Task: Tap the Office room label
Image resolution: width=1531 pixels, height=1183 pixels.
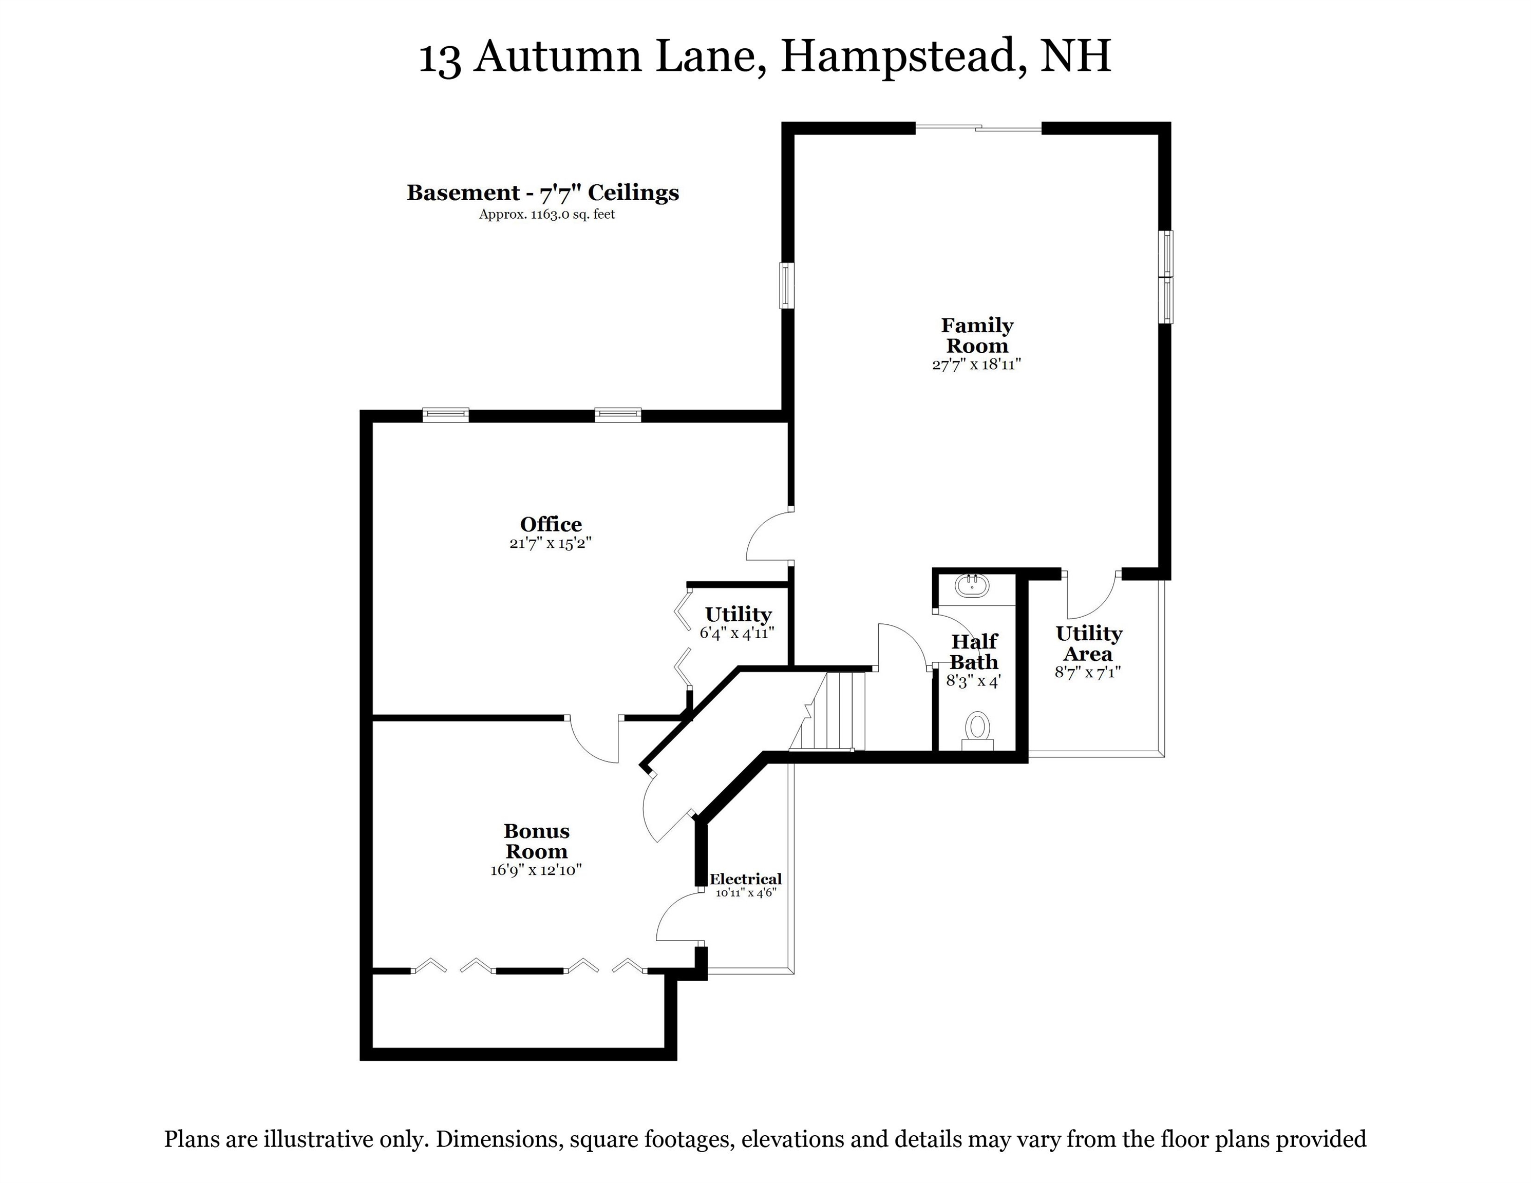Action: (x=551, y=524)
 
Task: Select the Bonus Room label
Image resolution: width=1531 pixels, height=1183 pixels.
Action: (x=536, y=841)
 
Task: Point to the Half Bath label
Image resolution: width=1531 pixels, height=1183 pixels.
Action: (x=974, y=651)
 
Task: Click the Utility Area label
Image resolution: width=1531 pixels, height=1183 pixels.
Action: (x=1089, y=643)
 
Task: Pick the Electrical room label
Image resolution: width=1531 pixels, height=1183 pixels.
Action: (x=745, y=879)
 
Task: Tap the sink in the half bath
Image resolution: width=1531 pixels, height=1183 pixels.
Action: (x=972, y=585)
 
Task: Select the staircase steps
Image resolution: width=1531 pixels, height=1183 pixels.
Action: (x=838, y=711)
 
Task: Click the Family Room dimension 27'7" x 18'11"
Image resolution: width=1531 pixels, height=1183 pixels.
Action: (x=976, y=365)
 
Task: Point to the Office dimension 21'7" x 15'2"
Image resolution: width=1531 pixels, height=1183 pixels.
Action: (x=551, y=543)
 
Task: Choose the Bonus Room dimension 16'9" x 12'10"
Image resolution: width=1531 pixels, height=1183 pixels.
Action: (x=536, y=870)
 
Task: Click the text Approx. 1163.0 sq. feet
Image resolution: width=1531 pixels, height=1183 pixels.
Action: (x=547, y=215)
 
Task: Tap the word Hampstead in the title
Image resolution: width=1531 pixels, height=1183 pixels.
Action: (x=899, y=56)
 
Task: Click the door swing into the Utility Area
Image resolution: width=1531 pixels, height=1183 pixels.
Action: (x=1091, y=596)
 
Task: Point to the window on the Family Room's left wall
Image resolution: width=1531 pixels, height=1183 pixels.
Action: (x=788, y=285)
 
